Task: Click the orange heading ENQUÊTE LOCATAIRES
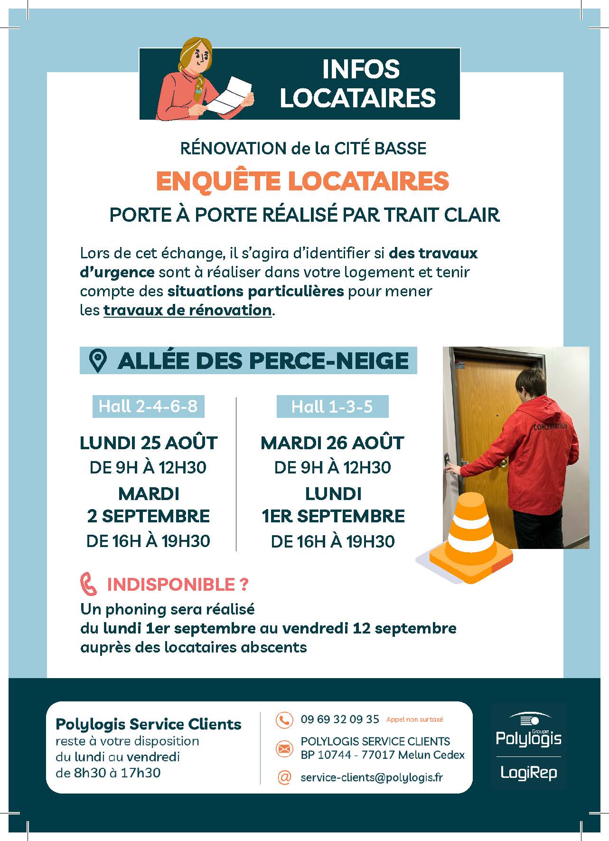pyautogui.click(x=302, y=181)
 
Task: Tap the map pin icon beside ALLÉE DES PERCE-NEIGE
pyautogui.click(x=98, y=361)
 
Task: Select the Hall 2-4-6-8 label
pyautogui.click(x=148, y=406)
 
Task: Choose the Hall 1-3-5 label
pyautogui.click(x=332, y=407)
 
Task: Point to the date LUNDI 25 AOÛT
pyautogui.click(x=148, y=443)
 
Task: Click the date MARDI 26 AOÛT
pyautogui.click(x=332, y=443)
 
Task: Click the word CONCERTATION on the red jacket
pyautogui.click(x=550, y=426)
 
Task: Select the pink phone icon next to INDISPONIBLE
pyautogui.click(x=89, y=585)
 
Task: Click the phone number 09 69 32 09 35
pyautogui.click(x=339, y=719)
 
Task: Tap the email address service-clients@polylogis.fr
pyautogui.click(x=371, y=777)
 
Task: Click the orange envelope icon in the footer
pyautogui.click(x=284, y=748)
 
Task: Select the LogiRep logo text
pyautogui.click(x=528, y=773)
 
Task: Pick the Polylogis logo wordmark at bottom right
pyautogui.click(x=528, y=738)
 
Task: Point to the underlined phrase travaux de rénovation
pyautogui.click(x=187, y=310)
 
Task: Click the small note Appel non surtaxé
pyautogui.click(x=414, y=719)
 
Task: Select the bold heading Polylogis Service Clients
pyautogui.click(x=148, y=724)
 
